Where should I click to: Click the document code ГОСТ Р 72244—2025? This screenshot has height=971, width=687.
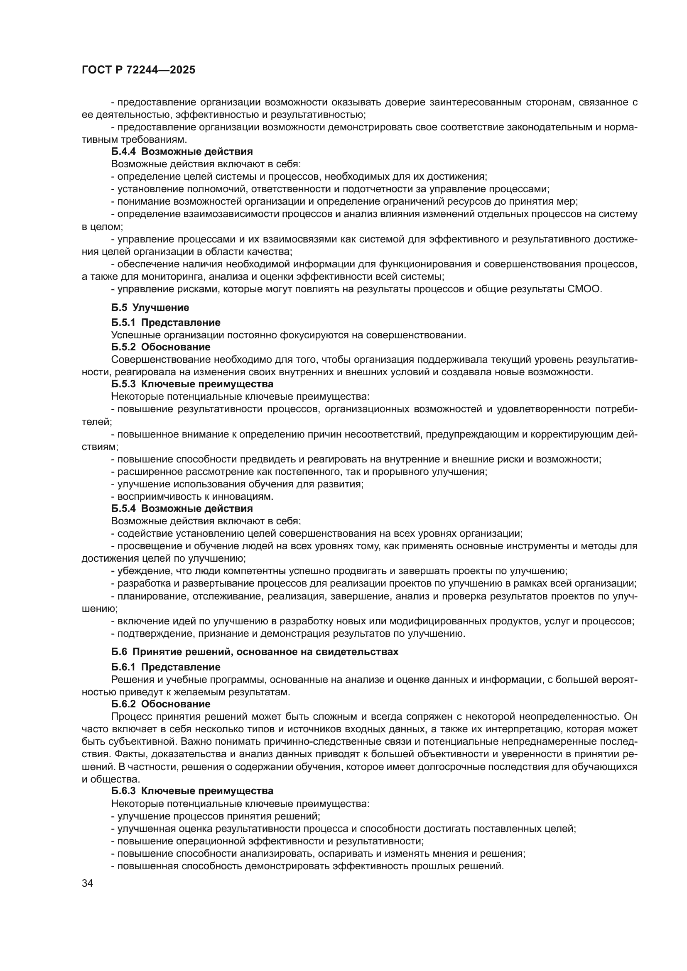pyautogui.click(x=138, y=70)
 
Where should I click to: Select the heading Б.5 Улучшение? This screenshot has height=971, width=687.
pyautogui.click(x=150, y=308)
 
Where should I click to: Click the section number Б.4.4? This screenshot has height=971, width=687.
pyautogui.click(x=123, y=152)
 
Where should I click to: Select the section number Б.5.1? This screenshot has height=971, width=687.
pyautogui.click(x=123, y=323)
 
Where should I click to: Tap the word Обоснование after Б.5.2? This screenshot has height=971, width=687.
pyautogui.click(x=176, y=347)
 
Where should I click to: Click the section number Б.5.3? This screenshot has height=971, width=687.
pyautogui.click(x=123, y=384)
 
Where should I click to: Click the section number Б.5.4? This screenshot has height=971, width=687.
pyautogui.click(x=123, y=509)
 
